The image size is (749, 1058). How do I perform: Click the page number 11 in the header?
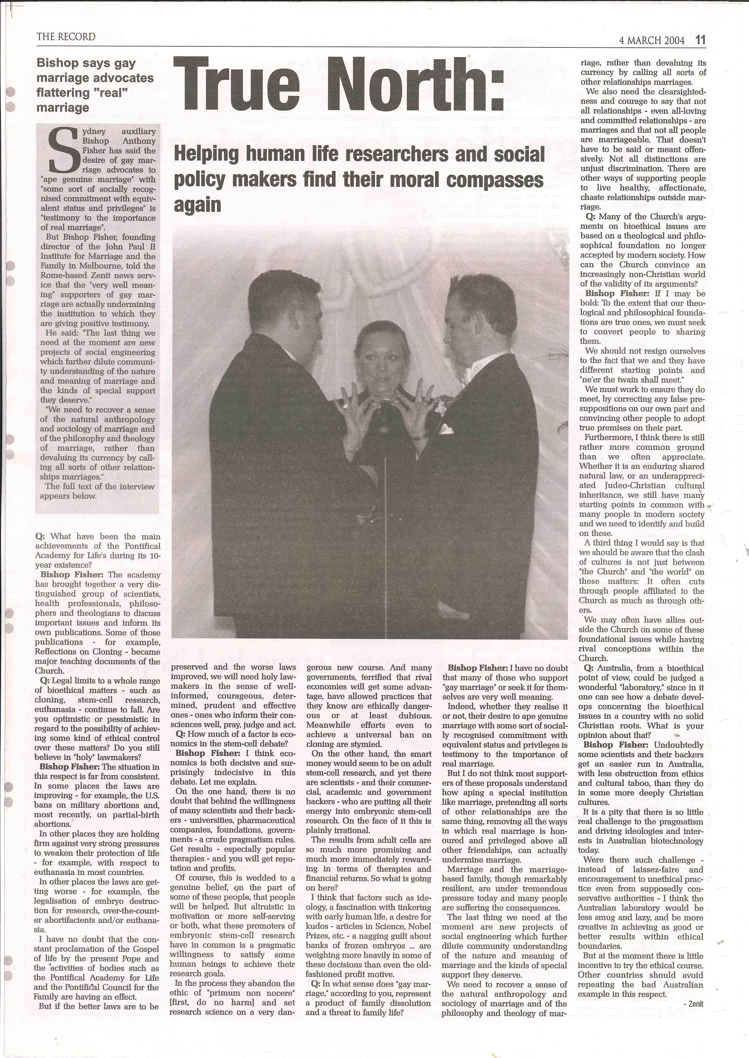700,40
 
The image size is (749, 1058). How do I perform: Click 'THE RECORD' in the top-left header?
66,37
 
